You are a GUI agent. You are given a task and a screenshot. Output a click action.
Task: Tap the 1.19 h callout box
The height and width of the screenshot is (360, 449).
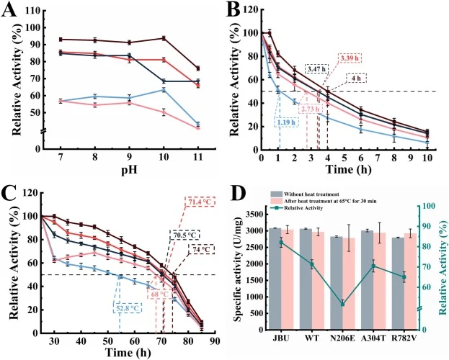coord(287,122)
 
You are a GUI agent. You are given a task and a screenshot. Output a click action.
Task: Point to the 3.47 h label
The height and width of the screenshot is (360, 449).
coord(316,68)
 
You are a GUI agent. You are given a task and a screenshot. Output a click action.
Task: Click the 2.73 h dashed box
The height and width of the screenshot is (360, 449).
coord(311,109)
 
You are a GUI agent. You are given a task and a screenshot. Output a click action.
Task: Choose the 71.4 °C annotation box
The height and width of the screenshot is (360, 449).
coord(200,202)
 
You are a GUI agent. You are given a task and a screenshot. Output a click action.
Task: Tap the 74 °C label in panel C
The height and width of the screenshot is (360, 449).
coord(202,249)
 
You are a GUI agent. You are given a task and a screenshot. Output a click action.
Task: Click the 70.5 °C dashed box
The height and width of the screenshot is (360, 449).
coord(185,235)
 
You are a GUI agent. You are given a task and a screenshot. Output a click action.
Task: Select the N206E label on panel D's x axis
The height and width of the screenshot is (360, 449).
coord(343,338)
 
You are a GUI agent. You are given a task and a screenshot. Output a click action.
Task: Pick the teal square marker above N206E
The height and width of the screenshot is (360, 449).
coord(342,304)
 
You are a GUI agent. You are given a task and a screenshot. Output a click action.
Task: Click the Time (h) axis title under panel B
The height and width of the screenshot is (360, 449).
coord(348,169)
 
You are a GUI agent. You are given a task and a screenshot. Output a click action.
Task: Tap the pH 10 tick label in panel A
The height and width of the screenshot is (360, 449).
coord(164,157)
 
